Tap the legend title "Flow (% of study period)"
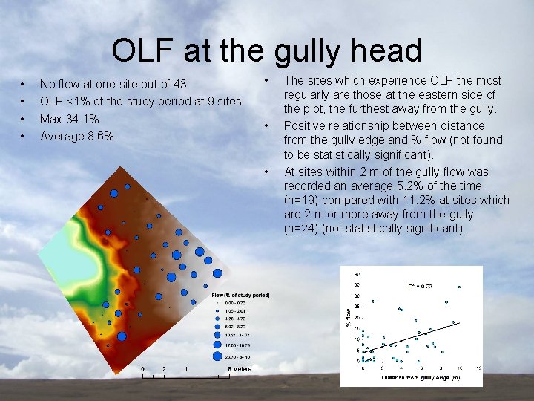pyautogui.click(x=240, y=295)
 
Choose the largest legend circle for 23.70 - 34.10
pyautogui.click(x=217, y=356)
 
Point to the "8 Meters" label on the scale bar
pyautogui.click(x=239, y=369)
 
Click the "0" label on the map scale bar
pyautogui.click(x=143, y=369)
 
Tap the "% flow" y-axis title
pyautogui.click(x=349, y=317)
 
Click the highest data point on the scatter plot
pyautogui.click(x=459, y=287)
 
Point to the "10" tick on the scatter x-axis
pyautogui.click(x=460, y=368)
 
